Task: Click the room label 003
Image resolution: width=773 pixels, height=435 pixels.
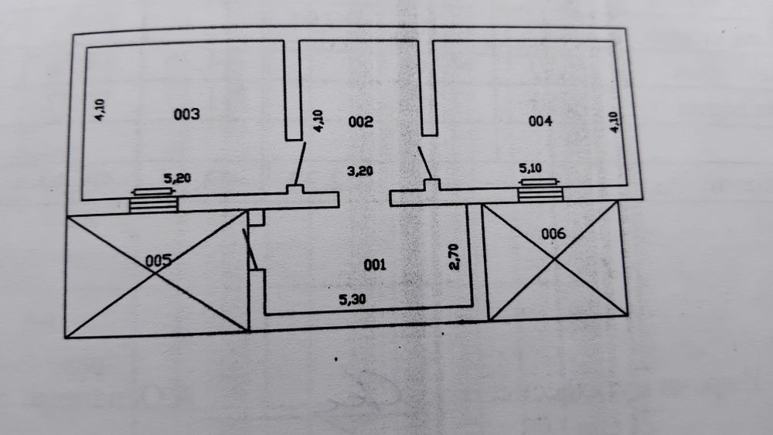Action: click(187, 114)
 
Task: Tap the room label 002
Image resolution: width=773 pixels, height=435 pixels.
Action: click(360, 121)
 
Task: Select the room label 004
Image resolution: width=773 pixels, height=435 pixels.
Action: click(540, 121)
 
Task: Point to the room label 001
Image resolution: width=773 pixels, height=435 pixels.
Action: click(375, 265)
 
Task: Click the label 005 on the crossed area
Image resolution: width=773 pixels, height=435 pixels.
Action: click(158, 260)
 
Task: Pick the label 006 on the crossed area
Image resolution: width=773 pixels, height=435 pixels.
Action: click(553, 233)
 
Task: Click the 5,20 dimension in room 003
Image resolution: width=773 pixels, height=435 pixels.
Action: click(177, 178)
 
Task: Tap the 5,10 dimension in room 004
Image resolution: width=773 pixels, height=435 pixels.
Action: click(530, 168)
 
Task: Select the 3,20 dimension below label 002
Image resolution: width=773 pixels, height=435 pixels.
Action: click(360, 172)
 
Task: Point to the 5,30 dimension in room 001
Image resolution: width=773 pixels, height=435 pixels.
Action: click(352, 299)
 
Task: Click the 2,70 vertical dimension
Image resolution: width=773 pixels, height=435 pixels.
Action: click(454, 257)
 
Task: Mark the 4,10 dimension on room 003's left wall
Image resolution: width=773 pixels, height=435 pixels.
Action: click(100, 110)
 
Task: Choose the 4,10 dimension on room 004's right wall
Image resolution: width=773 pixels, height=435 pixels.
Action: click(614, 122)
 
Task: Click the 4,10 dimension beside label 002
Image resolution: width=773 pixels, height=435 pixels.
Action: click(318, 121)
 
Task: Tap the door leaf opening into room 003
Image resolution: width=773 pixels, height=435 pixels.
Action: click(300, 164)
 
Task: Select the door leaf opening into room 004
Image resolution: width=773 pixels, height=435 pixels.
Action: click(425, 162)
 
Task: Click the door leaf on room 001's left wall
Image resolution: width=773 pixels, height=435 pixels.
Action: click(250, 250)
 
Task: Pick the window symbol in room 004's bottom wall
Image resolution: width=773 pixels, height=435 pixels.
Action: click(540, 190)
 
